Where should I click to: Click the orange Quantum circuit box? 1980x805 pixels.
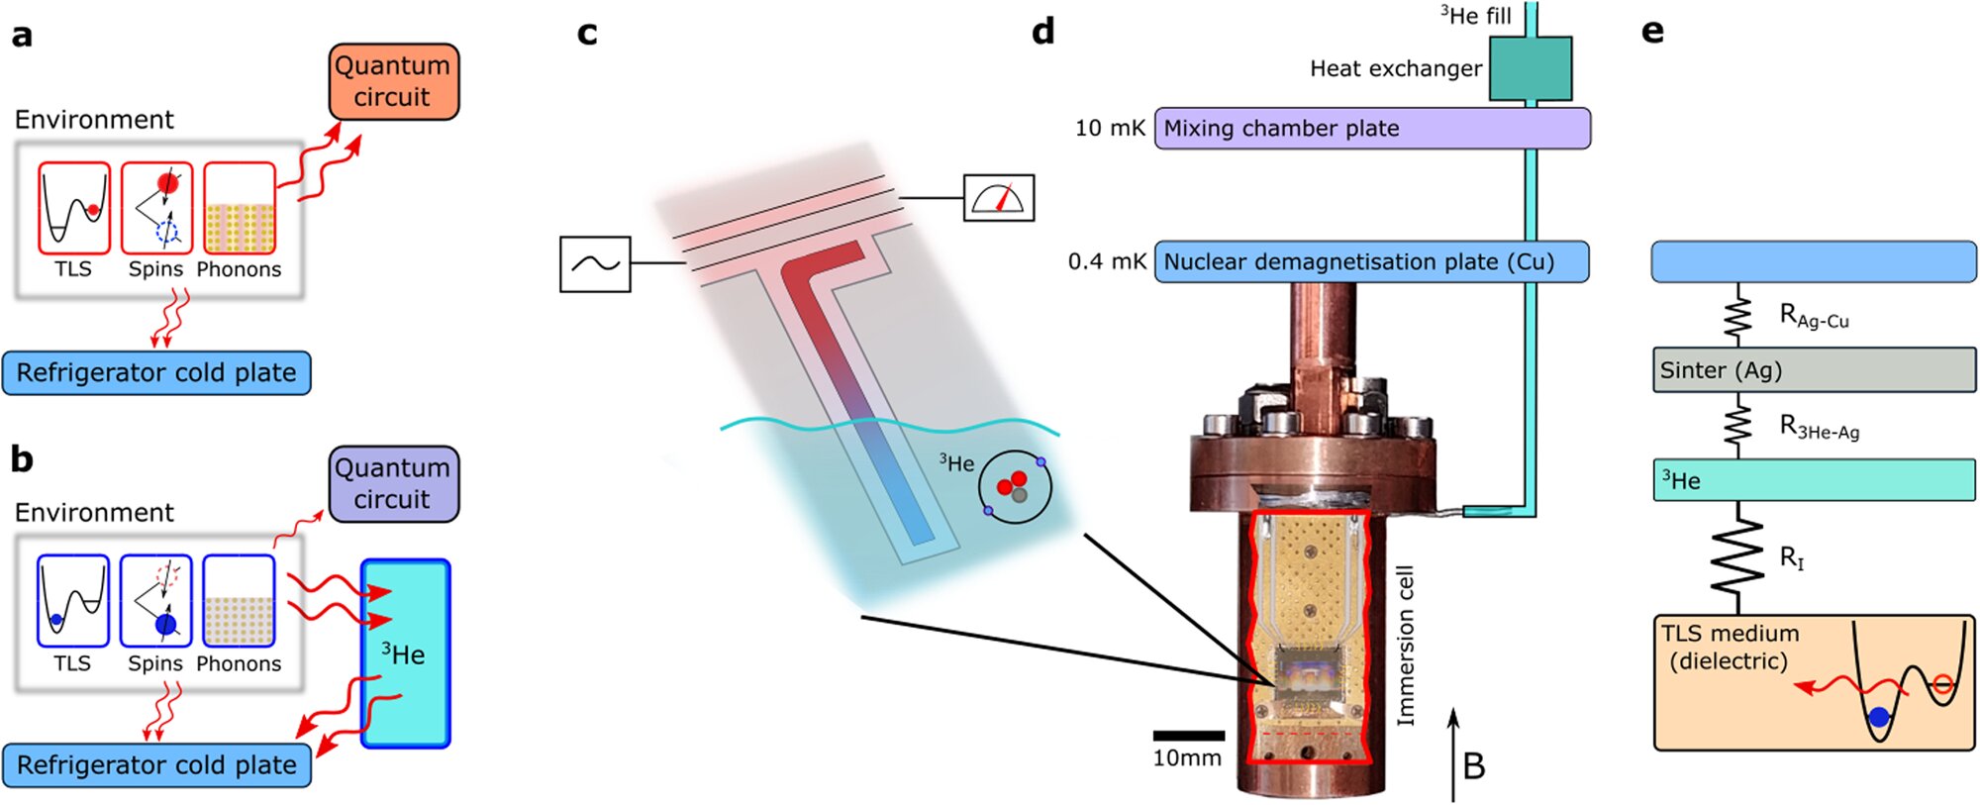point(393,81)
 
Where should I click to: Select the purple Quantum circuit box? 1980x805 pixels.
point(393,483)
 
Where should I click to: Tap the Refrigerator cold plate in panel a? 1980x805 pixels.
point(156,373)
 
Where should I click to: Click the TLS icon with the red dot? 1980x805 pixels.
point(74,209)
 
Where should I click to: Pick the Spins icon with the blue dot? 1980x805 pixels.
point(156,601)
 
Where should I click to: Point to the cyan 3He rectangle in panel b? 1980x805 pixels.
point(406,654)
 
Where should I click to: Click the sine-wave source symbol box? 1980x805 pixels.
point(595,264)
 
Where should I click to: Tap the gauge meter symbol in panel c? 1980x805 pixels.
point(999,198)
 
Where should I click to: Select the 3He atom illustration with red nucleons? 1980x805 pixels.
point(1015,486)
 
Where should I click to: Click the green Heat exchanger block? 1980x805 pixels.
point(1531,68)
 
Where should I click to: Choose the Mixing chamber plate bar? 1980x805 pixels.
point(1372,129)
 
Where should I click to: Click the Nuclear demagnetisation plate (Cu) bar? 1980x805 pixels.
point(1372,262)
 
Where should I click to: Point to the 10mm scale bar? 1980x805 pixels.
point(1188,736)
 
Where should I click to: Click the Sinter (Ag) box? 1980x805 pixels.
point(1814,370)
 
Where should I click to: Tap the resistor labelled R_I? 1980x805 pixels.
point(1739,556)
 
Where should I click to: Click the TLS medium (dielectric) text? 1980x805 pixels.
point(1729,648)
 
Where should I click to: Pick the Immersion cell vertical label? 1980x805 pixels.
point(1405,646)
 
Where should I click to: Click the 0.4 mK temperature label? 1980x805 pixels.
point(1106,262)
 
